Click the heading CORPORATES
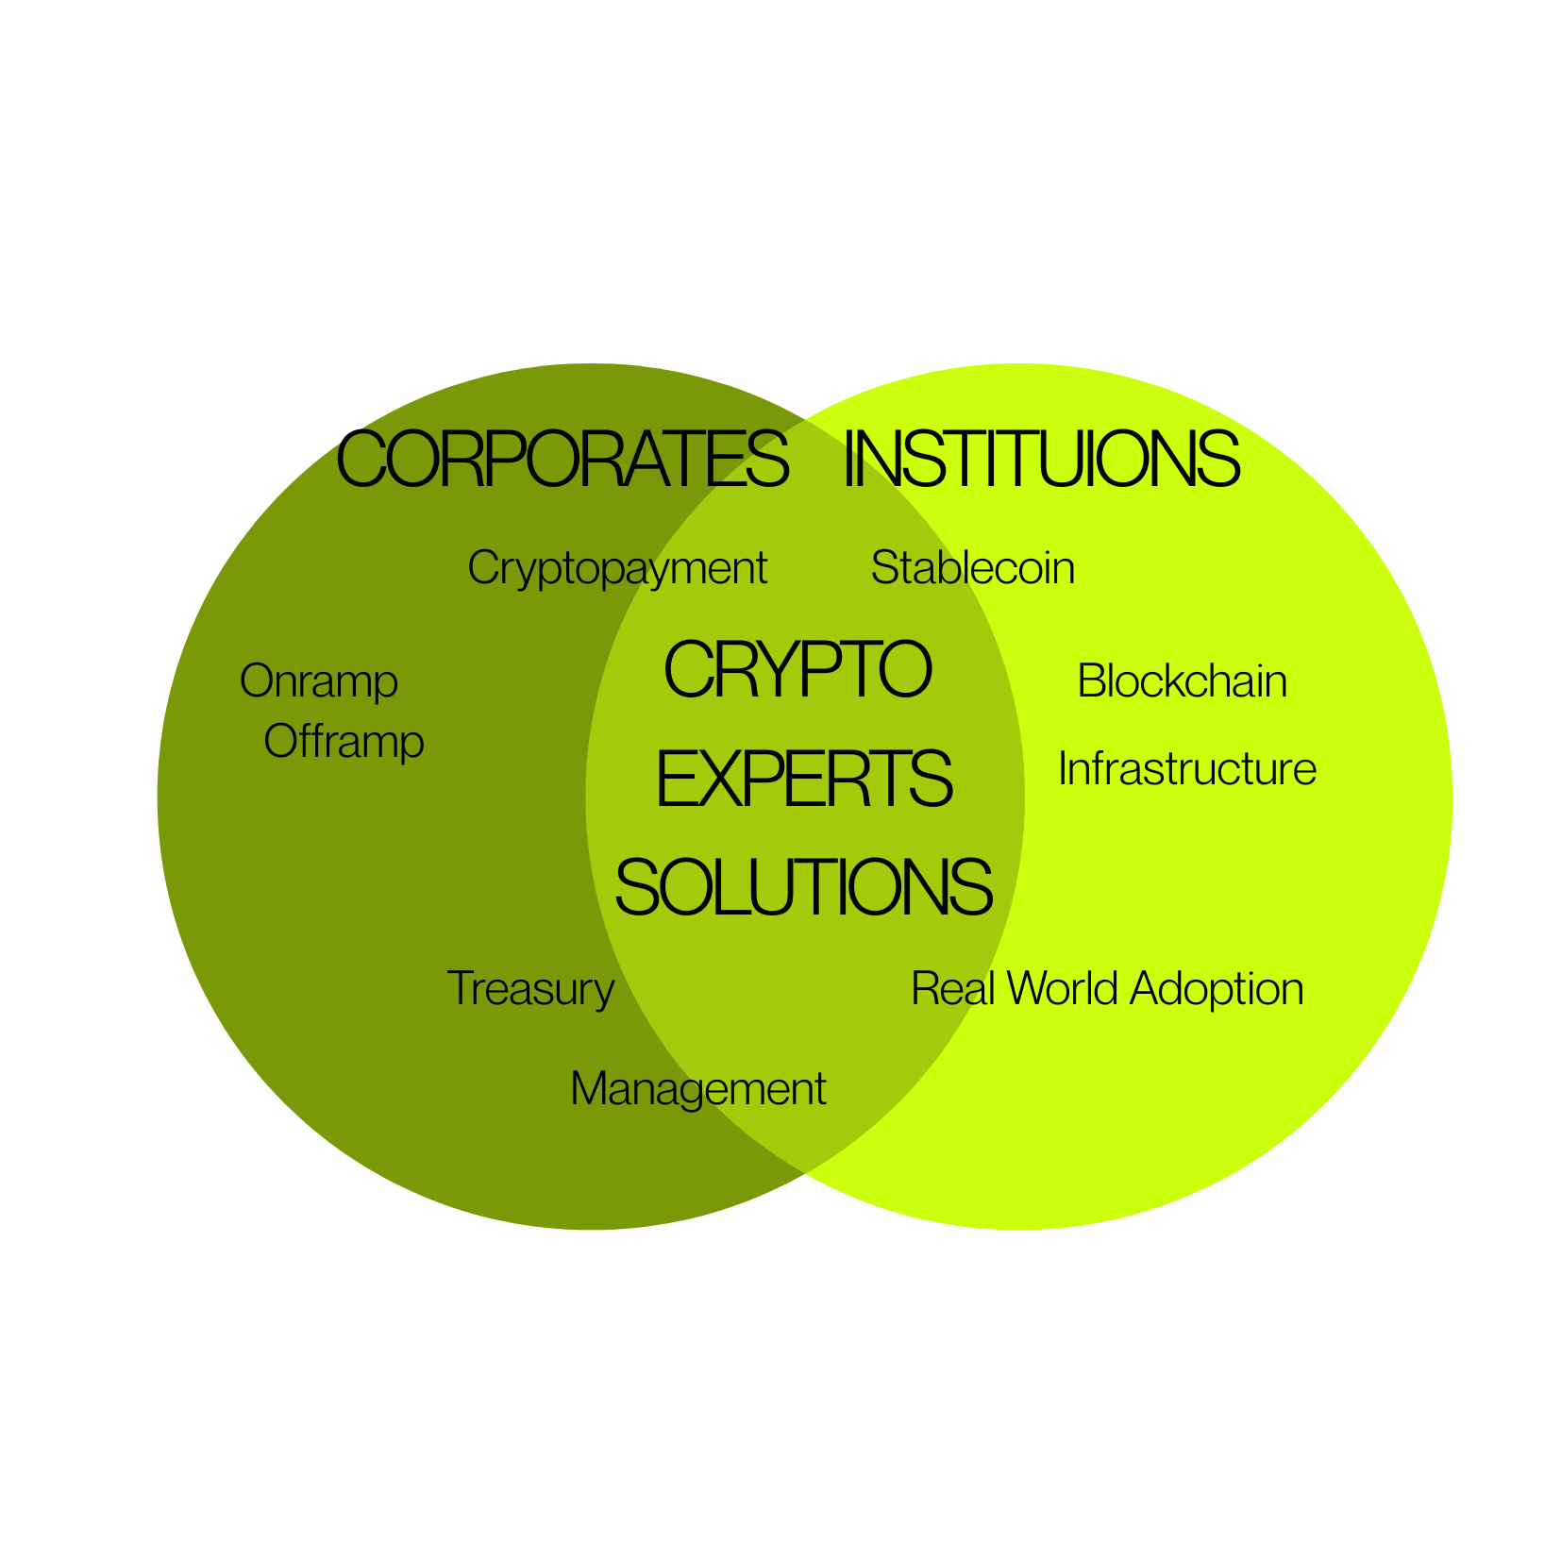tap(562, 459)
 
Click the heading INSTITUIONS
tap(1042, 459)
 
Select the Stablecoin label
tap(973, 568)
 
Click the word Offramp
tap(344, 743)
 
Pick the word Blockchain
tap(1183, 681)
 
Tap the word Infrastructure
tap(1187, 769)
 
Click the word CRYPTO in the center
tap(798, 669)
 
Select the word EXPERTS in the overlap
tap(804, 779)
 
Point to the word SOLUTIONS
tap(804, 887)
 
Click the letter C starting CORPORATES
tap(364, 459)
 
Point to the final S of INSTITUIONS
tap(1217, 459)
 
